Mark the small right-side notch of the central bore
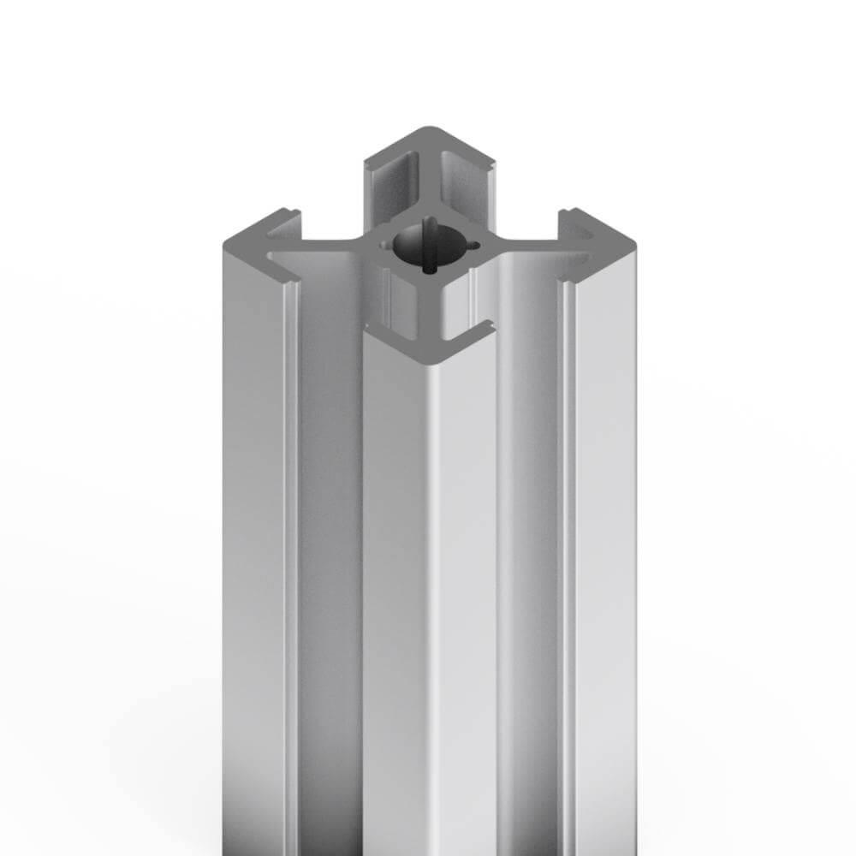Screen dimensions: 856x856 468,247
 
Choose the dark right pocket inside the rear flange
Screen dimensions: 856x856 467,184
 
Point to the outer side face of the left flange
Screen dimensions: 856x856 253,556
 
